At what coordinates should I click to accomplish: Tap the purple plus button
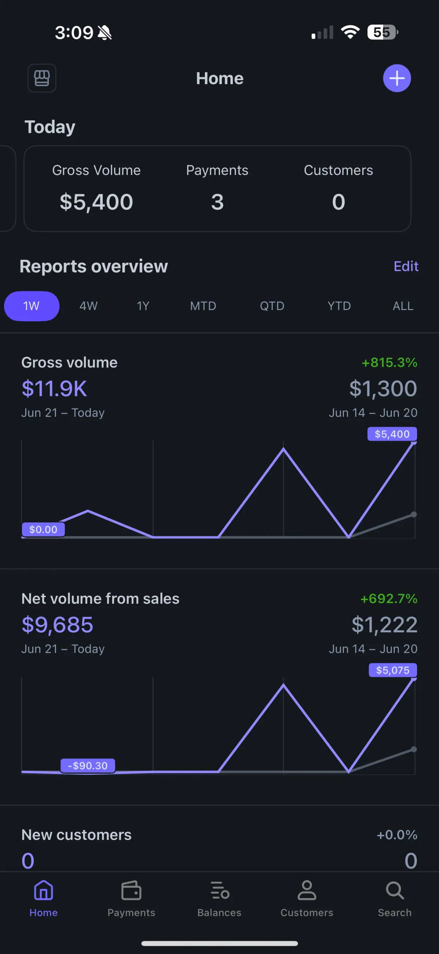point(397,78)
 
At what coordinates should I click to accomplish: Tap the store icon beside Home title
point(42,78)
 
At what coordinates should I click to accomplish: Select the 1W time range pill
point(31,306)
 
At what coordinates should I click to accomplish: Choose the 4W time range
point(89,306)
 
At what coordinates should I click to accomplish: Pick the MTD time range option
point(203,306)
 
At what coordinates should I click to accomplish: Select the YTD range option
point(339,306)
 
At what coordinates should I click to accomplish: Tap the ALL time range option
point(403,306)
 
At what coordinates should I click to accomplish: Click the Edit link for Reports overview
point(406,266)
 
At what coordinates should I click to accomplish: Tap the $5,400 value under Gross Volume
point(96,202)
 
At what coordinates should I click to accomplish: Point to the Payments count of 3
point(217,202)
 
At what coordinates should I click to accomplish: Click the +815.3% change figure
point(389,363)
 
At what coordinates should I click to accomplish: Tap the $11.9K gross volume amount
point(55,389)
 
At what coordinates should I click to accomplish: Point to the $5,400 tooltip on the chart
point(392,434)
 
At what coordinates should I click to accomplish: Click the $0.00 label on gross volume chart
point(43,530)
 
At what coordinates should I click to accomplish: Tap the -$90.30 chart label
point(88,766)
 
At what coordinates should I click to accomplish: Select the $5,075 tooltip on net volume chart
point(393,670)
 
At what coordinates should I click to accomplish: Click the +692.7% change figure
point(389,598)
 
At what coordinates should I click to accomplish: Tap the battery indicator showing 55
point(382,32)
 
